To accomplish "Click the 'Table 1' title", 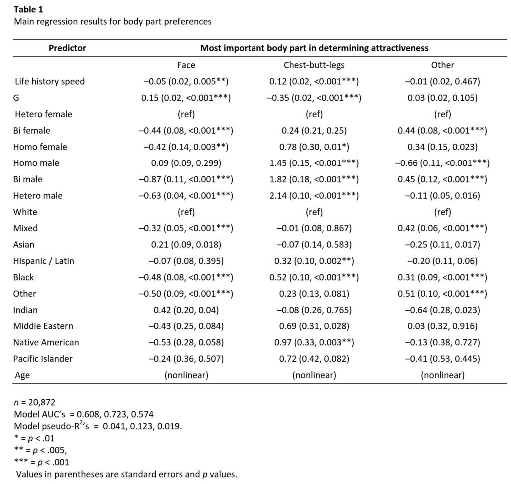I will click(29, 9).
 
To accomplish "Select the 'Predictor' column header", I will click(67, 48).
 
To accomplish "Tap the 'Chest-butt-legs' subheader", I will click(314, 65).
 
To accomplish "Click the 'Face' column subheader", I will click(186, 65).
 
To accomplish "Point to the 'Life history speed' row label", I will click(50, 81).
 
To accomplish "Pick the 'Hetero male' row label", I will click(39, 195).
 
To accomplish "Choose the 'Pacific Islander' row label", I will click(44, 359).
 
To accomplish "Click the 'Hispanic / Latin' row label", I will click(44, 261).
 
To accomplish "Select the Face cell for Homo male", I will click(186, 163).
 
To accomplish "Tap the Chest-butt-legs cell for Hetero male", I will click(314, 195).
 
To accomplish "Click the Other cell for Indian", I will click(442, 310).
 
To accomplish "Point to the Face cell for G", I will click(186, 98).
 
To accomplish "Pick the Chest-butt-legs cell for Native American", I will click(314, 342).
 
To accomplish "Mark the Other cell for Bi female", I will click(442, 131).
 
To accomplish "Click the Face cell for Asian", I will click(186, 245).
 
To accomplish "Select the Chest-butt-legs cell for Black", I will click(314, 277).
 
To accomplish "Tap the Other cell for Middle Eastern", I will click(442, 326).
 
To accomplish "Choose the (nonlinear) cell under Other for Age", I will click(442, 375).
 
